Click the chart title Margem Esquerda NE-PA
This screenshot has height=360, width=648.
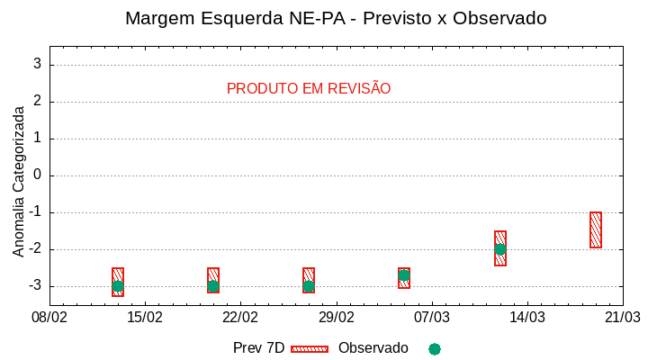coord(336,18)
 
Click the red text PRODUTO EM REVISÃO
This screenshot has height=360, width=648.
coord(309,89)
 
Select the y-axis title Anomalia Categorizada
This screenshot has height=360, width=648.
coord(19,181)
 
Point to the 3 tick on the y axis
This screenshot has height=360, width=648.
coord(38,65)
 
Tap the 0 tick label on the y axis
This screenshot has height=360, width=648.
coord(38,175)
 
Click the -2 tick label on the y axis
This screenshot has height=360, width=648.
coord(35,249)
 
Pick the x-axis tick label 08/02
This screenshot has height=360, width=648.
coord(49,318)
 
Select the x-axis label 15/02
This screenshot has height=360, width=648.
coord(145,318)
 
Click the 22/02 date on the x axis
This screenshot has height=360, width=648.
coord(240,318)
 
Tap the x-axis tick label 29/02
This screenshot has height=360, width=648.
coord(336,318)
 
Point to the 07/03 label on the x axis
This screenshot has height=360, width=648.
coord(431,318)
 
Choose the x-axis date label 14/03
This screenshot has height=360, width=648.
coord(526,318)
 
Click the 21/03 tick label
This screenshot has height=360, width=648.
coord(622,318)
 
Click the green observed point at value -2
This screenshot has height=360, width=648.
coord(500,249)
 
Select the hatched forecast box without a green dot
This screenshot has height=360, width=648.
coord(596,230)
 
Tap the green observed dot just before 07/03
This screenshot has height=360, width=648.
coord(405,275)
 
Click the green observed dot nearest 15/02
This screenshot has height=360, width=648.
coord(118,286)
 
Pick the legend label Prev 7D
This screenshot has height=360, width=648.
coord(258,348)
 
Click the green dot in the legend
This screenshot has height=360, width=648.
coord(435,348)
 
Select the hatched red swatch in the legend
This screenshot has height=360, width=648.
coord(310,348)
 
